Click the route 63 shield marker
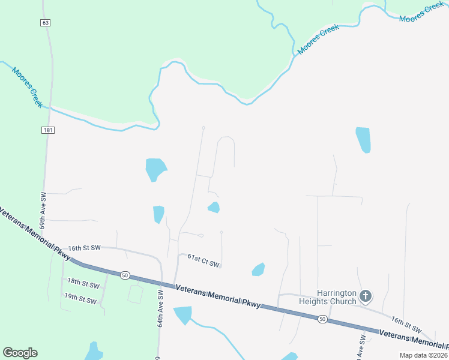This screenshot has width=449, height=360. [x=46, y=23]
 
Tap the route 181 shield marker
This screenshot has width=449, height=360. [x=47, y=130]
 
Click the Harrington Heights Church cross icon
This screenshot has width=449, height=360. [x=366, y=296]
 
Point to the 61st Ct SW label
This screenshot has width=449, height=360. [x=203, y=260]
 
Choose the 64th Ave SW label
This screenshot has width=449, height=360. [x=161, y=309]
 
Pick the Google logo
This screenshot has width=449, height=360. [x=20, y=353]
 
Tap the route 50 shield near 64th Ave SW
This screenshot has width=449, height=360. [x=124, y=275]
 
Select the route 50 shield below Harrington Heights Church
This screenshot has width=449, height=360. [x=322, y=319]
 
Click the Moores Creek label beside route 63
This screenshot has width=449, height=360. [x=26, y=86]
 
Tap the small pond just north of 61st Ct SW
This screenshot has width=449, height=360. [x=214, y=208]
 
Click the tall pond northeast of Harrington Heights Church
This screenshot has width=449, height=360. [x=363, y=140]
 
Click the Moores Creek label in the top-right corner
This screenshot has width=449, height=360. [x=421, y=14]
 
